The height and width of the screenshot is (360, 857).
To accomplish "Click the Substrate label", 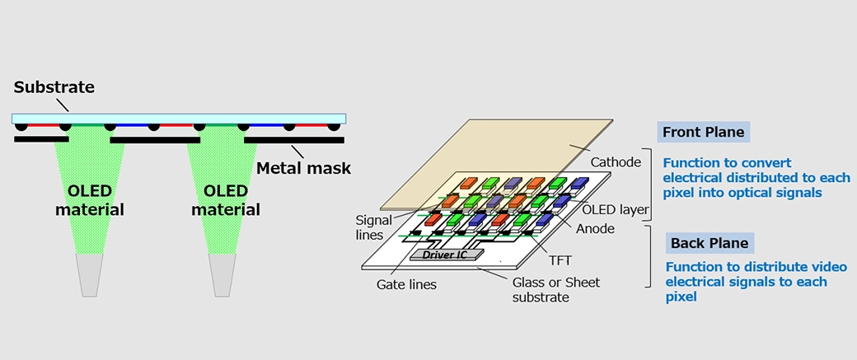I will (x=54, y=86).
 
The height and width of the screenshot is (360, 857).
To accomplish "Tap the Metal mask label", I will (x=303, y=168).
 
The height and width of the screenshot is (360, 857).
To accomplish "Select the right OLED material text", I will (x=226, y=200).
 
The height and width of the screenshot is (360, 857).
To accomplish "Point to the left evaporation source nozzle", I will (x=90, y=274).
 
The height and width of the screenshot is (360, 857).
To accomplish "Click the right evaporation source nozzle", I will (x=223, y=274).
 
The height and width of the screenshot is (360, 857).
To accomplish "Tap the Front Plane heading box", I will (x=703, y=132).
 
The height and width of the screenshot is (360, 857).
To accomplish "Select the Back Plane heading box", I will (x=709, y=243).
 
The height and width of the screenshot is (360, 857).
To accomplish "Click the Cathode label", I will (x=616, y=162).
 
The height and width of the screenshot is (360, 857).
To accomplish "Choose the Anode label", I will (x=595, y=228).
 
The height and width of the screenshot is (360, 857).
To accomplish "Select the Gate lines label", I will (x=406, y=284).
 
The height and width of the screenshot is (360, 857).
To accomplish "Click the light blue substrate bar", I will (x=179, y=119).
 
